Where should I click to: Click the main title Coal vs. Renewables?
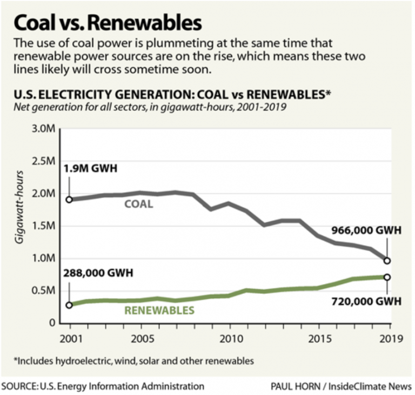[x=108, y=23]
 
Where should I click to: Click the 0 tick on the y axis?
[x=53, y=323]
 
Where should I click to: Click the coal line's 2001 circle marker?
[x=70, y=199]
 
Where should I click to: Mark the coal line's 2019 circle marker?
[x=387, y=261]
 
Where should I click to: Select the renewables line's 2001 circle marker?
[x=70, y=305]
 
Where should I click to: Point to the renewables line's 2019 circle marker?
[x=387, y=277]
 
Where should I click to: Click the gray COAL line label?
[x=139, y=205]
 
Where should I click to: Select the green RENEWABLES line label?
[x=159, y=310]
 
